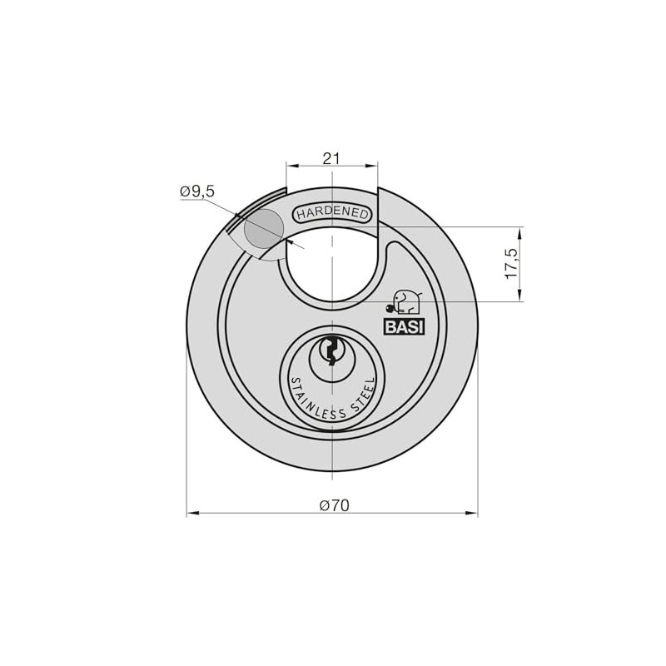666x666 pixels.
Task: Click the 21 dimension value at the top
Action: (331, 158)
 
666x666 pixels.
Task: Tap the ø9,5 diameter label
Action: (197, 192)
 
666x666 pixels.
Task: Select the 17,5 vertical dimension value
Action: (513, 264)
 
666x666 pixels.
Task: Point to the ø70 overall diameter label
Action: (335, 505)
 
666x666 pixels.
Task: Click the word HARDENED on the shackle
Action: (332, 213)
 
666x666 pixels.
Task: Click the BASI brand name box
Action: (404, 326)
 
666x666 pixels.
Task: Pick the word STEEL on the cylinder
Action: (365, 396)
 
